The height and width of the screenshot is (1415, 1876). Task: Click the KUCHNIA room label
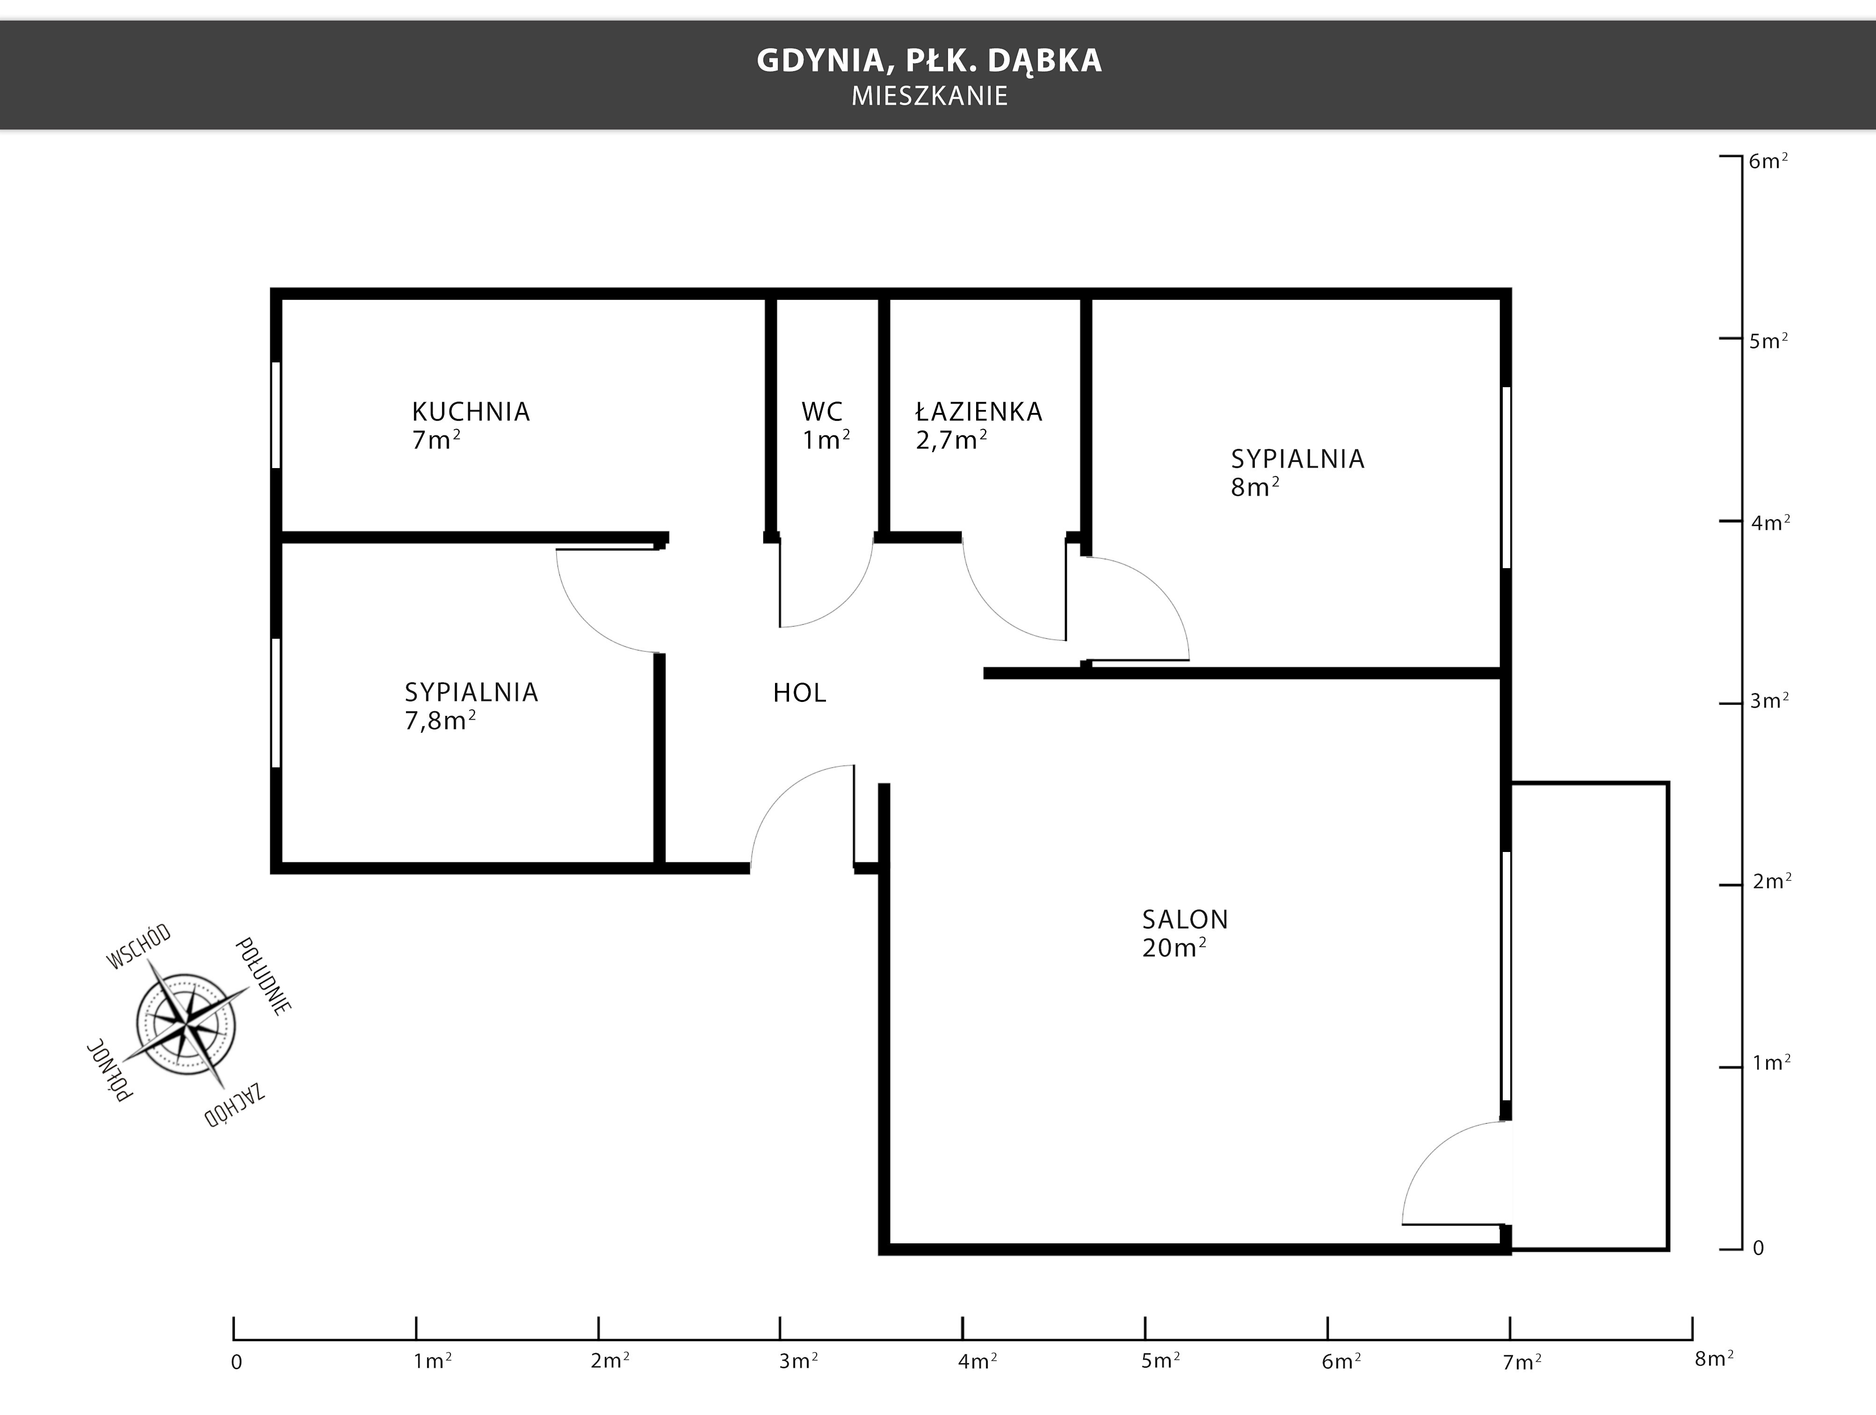click(x=471, y=412)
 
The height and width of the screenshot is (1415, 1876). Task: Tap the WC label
click(x=822, y=412)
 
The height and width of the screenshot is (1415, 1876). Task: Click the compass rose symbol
click(x=187, y=1024)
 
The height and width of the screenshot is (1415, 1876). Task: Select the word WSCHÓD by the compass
click(x=138, y=946)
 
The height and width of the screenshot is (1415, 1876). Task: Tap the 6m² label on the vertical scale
click(x=1768, y=160)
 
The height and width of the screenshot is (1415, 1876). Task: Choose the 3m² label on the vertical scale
click(x=1769, y=701)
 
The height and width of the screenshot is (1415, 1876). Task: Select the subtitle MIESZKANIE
click(x=929, y=96)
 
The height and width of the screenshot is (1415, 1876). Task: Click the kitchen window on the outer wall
click(x=275, y=415)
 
